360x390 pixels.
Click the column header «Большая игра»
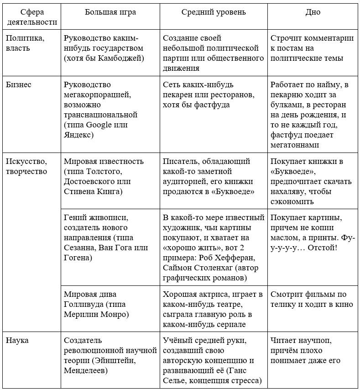coord(110,12)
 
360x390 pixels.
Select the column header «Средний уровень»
coord(214,12)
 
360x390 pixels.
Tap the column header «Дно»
coord(313,12)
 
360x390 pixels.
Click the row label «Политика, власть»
coord(25,43)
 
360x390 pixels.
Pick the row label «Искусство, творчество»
coord(26,166)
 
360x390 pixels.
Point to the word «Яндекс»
coord(78,135)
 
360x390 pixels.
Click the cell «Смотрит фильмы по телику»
coord(308,300)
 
